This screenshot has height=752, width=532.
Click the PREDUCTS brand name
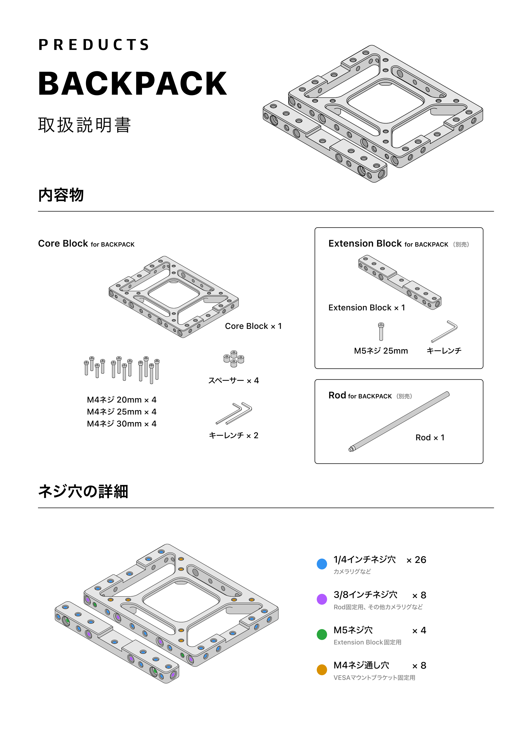pyautogui.click(x=94, y=45)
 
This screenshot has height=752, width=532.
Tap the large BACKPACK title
pyautogui.click(x=132, y=84)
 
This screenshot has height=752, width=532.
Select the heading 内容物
pyautogui.click(x=61, y=195)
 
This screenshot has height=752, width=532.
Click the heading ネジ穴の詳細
pyautogui.click(x=83, y=492)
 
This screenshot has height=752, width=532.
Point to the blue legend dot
pyautogui.click(x=322, y=564)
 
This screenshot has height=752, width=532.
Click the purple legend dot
pyautogui.click(x=322, y=599)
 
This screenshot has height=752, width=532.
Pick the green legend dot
pyautogui.click(x=322, y=634)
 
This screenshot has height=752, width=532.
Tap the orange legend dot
pyautogui.click(x=322, y=669)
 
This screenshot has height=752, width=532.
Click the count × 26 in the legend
pyautogui.click(x=416, y=560)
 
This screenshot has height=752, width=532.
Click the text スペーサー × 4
pyautogui.click(x=234, y=381)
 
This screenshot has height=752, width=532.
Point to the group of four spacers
pyautogui.click(x=234, y=359)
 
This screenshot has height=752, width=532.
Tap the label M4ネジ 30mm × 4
pyautogui.click(x=122, y=424)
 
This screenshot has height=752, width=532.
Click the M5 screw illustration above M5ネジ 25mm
pyautogui.click(x=381, y=331)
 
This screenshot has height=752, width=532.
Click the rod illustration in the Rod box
pyautogui.click(x=399, y=422)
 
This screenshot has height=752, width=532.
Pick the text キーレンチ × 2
pyautogui.click(x=234, y=435)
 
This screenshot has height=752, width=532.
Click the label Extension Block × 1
pyautogui.click(x=367, y=308)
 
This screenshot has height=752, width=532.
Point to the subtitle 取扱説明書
pyautogui.click(x=85, y=125)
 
